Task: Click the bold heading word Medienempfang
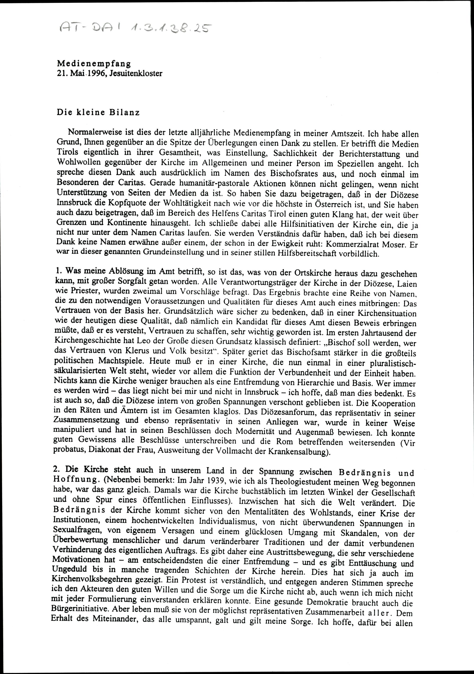pos(94,63)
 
